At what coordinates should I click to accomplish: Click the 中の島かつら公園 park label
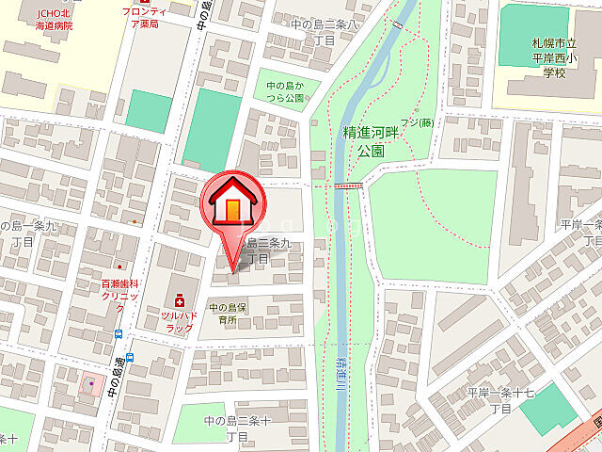(285, 91)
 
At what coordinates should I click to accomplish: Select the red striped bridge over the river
(350, 186)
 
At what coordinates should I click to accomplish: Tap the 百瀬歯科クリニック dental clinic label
(119, 289)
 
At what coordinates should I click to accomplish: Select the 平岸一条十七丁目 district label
(500, 399)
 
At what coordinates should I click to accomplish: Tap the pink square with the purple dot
(91, 384)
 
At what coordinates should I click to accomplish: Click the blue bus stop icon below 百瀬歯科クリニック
(119, 333)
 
